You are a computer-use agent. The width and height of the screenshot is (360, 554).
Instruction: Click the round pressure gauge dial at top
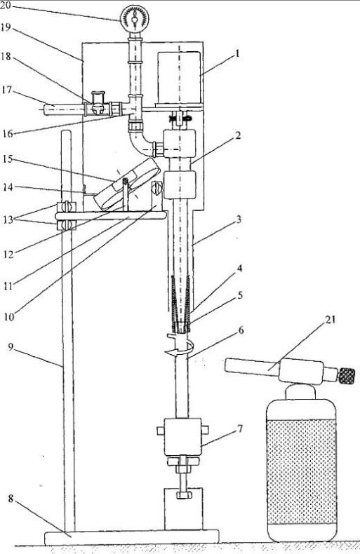(134, 19)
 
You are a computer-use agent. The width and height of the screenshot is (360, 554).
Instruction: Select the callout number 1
(237, 54)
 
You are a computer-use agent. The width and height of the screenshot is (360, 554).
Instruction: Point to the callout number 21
(330, 320)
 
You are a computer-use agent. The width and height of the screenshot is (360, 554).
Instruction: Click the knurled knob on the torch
(347, 376)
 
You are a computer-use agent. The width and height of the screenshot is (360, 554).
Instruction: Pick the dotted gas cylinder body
(301, 470)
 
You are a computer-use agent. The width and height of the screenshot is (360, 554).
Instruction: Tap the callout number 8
(11, 499)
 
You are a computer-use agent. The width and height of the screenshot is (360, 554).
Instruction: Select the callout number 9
(11, 347)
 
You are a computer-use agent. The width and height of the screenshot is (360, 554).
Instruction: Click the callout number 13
(8, 219)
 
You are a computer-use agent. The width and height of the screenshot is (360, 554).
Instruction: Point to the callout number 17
(7, 90)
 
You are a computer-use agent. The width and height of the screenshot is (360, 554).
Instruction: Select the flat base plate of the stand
(131, 537)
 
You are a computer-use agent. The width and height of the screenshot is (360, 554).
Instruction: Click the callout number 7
(240, 428)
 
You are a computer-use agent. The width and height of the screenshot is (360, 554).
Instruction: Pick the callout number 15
(8, 159)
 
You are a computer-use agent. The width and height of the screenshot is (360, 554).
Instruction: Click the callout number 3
(239, 219)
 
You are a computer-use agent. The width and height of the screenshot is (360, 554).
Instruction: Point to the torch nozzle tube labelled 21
(251, 366)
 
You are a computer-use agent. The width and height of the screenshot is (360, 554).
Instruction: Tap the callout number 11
(8, 285)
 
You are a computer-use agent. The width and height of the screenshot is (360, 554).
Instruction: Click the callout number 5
(240, 295)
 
